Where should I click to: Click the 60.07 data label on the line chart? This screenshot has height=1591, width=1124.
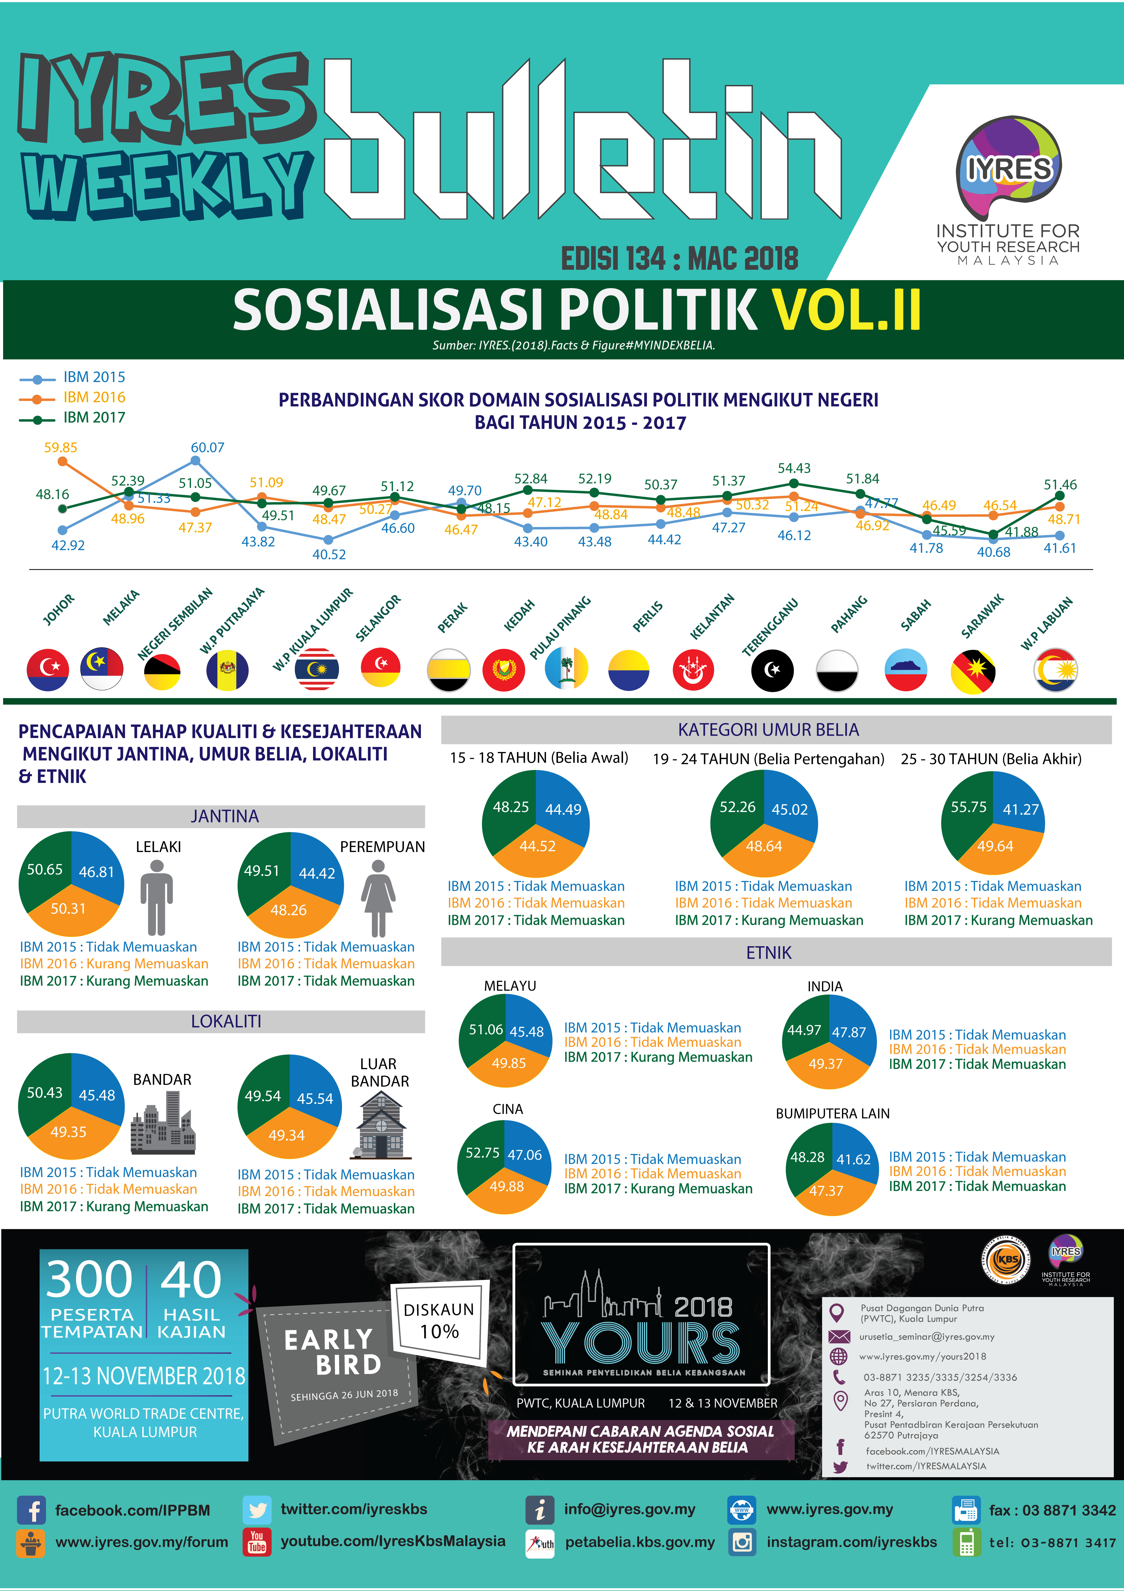(207, 448)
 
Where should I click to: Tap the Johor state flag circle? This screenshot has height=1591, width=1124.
(48, 669)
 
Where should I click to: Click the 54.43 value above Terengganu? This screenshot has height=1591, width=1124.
(794, 468)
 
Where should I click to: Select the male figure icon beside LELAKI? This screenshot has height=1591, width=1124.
(156, 897)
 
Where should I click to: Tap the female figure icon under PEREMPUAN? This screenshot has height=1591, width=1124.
(378, 897)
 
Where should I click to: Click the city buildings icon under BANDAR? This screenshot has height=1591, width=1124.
(163, 1123)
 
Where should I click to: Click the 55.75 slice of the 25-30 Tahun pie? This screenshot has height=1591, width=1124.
(968, 807)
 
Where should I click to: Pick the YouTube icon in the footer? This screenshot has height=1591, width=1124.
(257, 1541)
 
